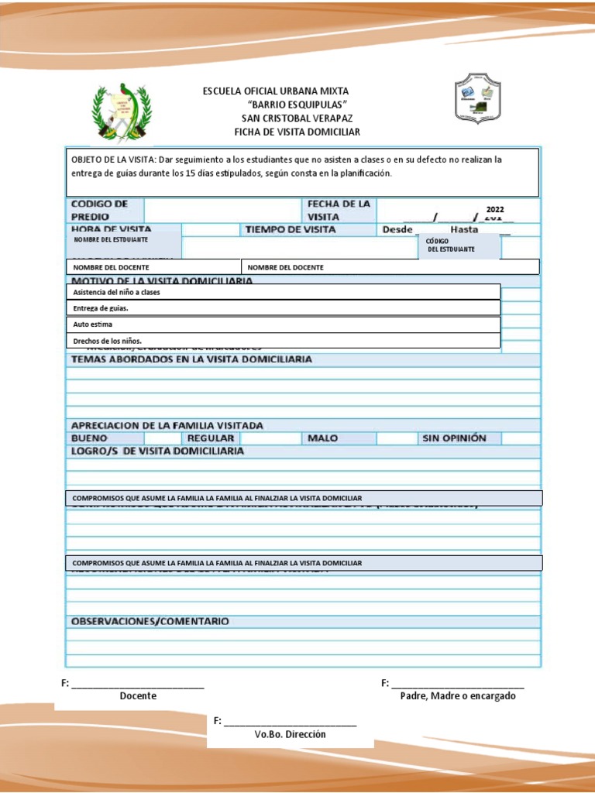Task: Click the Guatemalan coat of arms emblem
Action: point(122,113)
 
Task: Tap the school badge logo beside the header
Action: point(477,99)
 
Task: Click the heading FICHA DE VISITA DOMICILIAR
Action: point(297,132)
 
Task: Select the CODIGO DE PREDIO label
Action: point(99,210)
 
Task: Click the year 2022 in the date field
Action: point(495,210)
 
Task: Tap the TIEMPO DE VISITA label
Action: point(291,230)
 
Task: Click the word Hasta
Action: point(464,230)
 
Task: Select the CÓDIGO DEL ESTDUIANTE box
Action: point(460,245)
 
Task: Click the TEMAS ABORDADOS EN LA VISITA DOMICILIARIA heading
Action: point(191,359)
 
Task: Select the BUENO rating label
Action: point(90,438)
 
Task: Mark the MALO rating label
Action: point(322,438)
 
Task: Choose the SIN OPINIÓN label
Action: point(454,438)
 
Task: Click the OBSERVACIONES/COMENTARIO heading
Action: point(150,621)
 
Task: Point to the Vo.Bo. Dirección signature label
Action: point(290,734)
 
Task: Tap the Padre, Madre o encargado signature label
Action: point(458,695)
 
